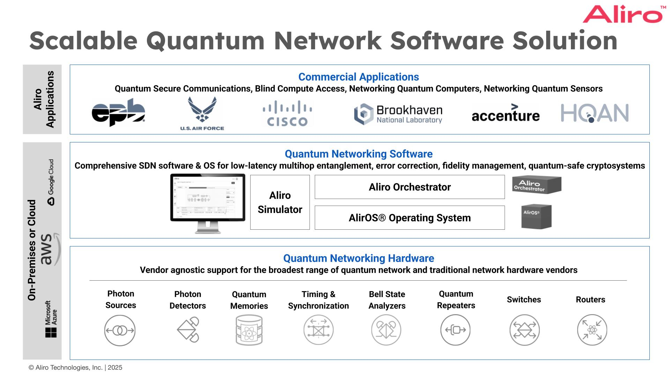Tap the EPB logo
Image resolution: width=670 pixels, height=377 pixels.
click(118, 112)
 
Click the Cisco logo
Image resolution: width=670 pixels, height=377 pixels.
click(287, 113)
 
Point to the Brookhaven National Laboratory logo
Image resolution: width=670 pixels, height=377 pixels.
click(398, 114)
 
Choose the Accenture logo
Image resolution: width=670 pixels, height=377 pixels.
click(505, 113)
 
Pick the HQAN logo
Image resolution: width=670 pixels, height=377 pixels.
click(595, 113)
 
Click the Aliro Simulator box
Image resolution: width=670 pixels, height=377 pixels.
click(280, 202)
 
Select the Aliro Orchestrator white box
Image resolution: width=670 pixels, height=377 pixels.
click(410, 187)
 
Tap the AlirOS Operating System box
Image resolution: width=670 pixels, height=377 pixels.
click(410, 218)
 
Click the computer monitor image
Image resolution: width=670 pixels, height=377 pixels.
click(208, 202)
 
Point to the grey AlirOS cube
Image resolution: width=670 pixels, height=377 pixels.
click(536, 217)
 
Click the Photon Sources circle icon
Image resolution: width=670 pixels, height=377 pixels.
click(120, 330)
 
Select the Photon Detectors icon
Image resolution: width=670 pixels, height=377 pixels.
click(188, 330)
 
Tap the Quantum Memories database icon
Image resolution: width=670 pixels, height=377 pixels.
click(249, 330)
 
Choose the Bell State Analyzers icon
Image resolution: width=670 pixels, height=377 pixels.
click(386, 330)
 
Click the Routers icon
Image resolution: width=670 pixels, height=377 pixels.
click(592, 330)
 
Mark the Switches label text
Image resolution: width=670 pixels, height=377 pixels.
click(524, 300)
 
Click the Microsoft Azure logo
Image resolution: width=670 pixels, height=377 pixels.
click(51, 319)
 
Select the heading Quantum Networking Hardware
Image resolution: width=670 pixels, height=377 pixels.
click(359, 258)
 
